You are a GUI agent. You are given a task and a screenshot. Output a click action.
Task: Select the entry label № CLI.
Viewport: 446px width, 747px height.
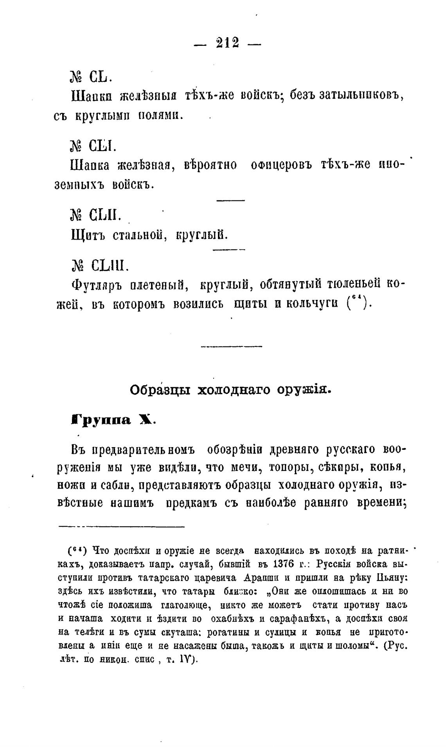point(93,146)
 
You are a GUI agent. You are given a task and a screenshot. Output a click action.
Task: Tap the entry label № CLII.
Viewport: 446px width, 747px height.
point(95,215)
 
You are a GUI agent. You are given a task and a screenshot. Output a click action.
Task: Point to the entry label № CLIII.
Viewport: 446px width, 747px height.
point(98,266)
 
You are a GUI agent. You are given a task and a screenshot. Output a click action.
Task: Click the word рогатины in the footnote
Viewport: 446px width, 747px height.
point(223,632)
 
